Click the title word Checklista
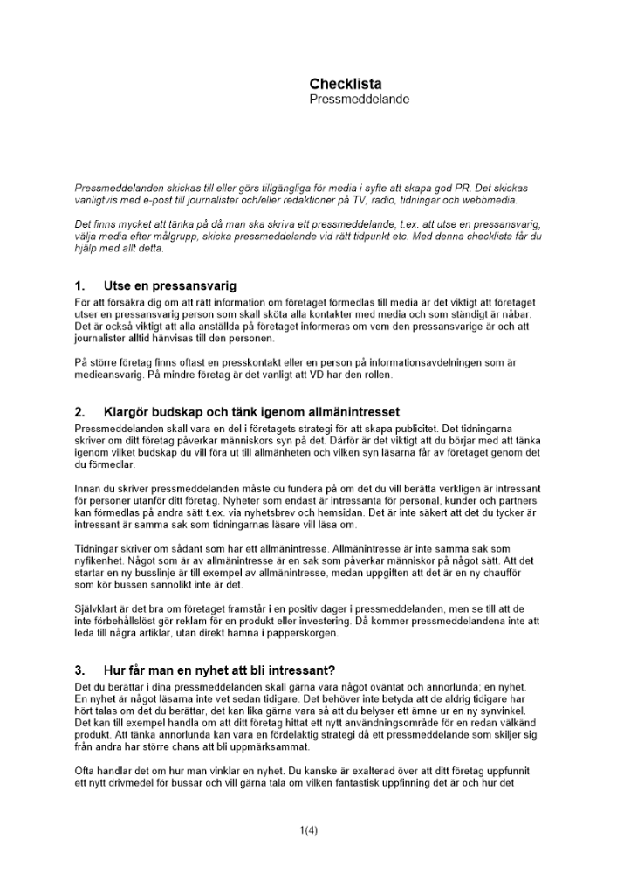coord(345,84)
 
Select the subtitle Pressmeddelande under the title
coord(359,100)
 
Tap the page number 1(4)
coord(308,830)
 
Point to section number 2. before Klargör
coord(80,411)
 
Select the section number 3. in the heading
coord(80,671)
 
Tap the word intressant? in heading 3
coord(295,671)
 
